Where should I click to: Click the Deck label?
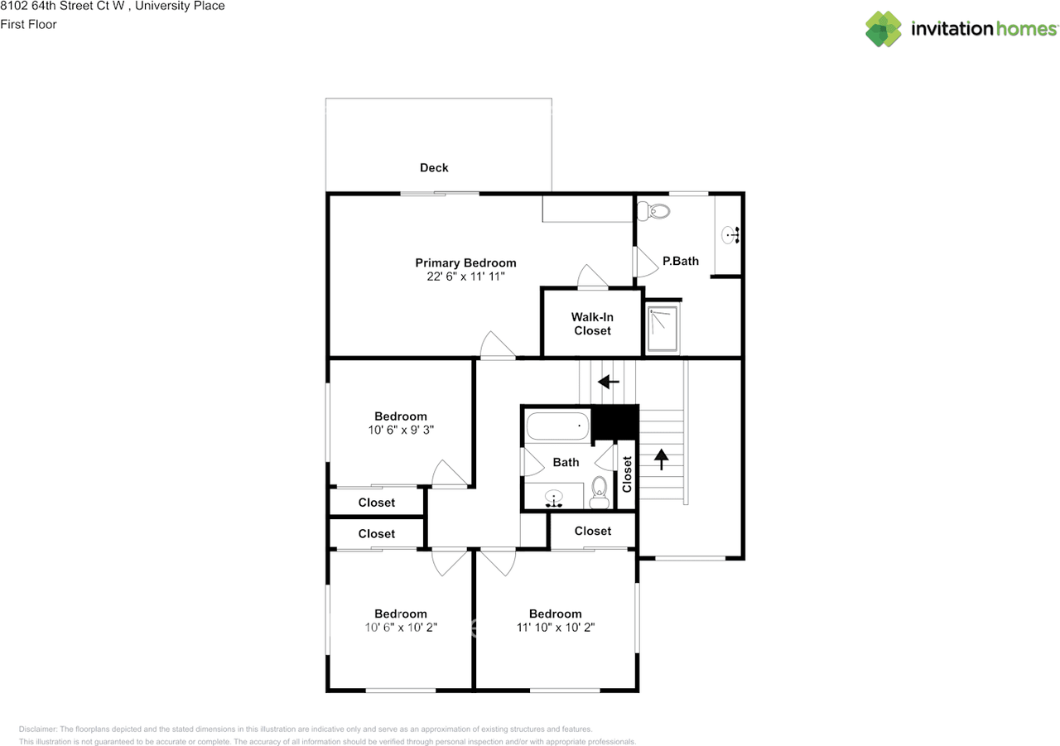click(x=434, y=168)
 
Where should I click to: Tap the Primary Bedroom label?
click(x=465, y=263)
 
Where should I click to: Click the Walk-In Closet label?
click(x=592, y=324)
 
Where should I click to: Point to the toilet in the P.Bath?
click(x=656, y=211)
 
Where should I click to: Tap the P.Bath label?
click(x=680, y=261)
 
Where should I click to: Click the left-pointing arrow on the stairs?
click(x=609, y=382)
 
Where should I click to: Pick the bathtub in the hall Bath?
click(x=557, y=426)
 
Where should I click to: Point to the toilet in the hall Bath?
click(x=600, y=494)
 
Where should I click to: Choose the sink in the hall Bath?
click(x=554, y=498)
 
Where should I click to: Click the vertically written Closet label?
click(x=627, y=474)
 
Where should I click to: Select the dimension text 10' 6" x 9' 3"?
click(x=401, y=431)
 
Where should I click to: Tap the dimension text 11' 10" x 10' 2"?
click(x=555, y=628)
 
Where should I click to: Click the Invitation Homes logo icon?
click(x=884, y=29)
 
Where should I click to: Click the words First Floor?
click(x=29, y=25)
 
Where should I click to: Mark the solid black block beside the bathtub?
click(x=615, y=422)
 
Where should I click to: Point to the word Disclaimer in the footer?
click(x=36, y=729)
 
